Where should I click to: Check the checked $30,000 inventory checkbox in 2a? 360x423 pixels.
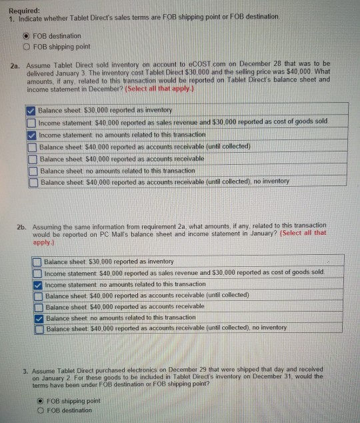point(31,109)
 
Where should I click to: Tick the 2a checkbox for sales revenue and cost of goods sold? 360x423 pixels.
point(31,122)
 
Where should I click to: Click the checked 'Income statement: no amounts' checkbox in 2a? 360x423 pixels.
point(31,134)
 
